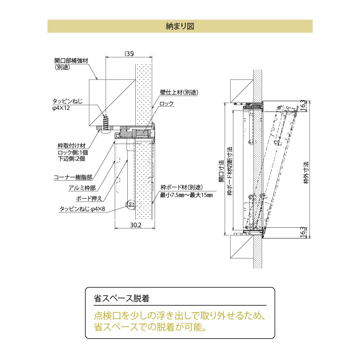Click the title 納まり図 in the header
tap(180, 26)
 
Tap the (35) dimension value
tap(129, 53)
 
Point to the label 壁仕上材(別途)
tap(179, 93)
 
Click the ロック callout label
tap(167, 104)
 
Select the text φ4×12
tap(61, 108)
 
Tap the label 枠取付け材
tap(71, 146)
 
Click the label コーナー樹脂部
tap(73, 178)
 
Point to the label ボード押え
tap(89, 199)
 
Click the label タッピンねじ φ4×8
tap(82, 209)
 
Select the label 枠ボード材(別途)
tap(181, 188)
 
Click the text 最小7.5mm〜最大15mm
tap(186, 195)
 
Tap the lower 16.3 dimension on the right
tap(302, 232)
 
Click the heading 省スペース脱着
tap(121, 298)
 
